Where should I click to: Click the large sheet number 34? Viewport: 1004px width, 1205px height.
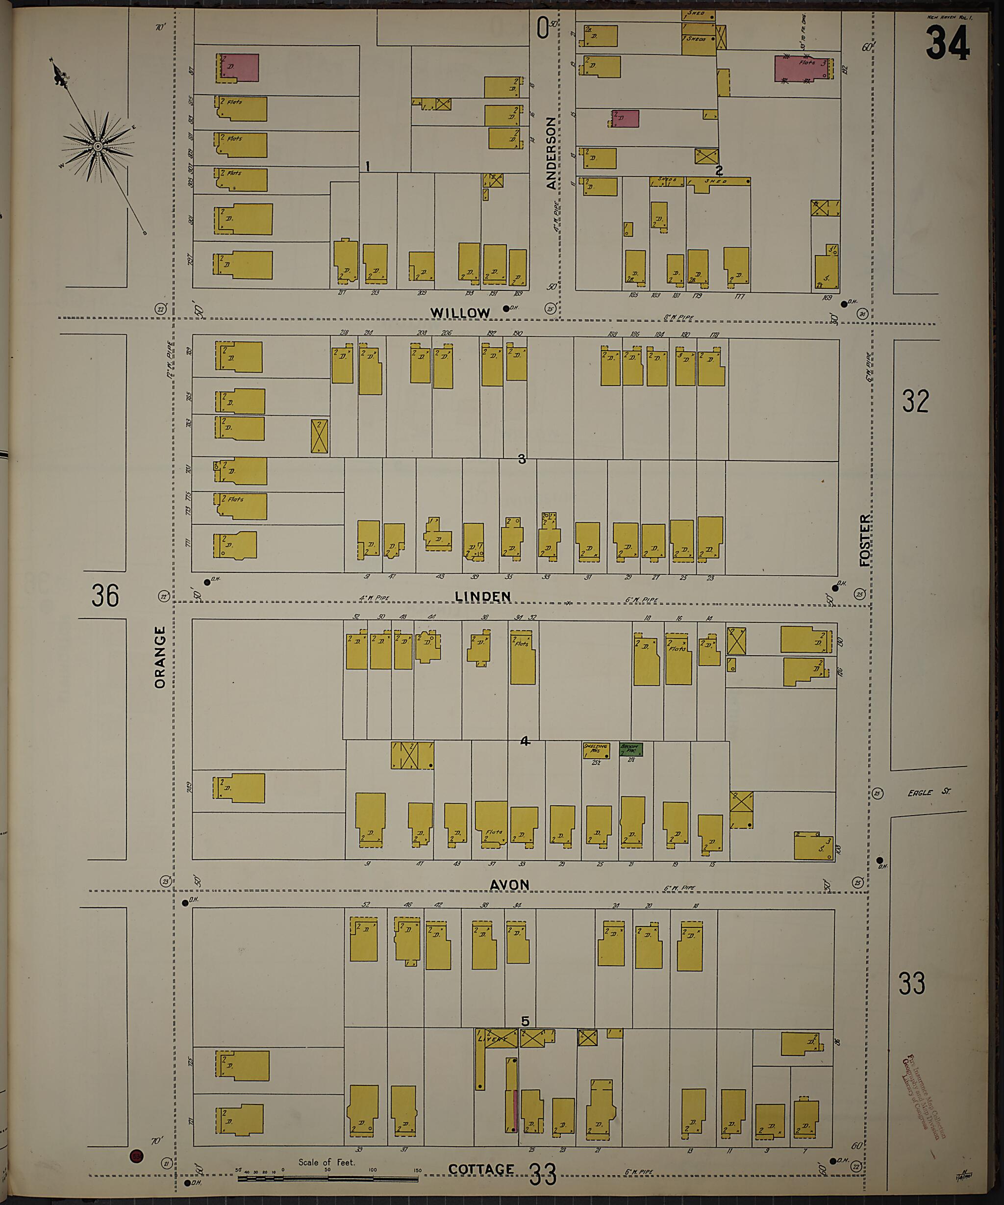pyautogui.click(x=947, y=44)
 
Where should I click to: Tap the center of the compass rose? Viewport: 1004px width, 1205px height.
pyautogui.click(x=98, y=147)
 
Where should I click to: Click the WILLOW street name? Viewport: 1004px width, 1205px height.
pyautogui.click(x=460, y=313)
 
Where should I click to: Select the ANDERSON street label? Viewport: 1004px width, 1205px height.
pyautogui.click(x=551, y=153)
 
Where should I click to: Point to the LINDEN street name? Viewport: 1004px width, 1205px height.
pyautogui.click(x=482, y=597)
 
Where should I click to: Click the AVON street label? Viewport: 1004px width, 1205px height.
pyautogui.click(x=509, y=885)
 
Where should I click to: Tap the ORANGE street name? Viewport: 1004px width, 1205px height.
pyautogui.click(x=160, y=657)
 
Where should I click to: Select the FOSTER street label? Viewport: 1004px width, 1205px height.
pyautogui.click(x=865, y=540)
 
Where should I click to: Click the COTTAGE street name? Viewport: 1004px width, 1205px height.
pyautogui.click(x=481, y=1169)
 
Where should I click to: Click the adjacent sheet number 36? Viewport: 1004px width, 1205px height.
pyautogui.click(x=105, y=595)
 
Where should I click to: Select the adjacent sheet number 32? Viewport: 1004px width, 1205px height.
pyautogui.click(x=915, y=401)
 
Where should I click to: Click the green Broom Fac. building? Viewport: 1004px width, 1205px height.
pyautogui.click(x=631, y=749)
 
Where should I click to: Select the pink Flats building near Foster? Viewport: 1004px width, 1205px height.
pyautogui.click(x=803, y=68)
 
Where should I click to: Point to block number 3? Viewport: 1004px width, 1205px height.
pyautogui.click(x=521, y=459)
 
